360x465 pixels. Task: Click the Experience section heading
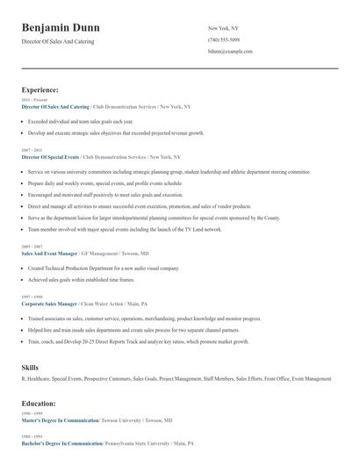point(40,89)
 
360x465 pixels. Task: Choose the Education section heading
point(39,403)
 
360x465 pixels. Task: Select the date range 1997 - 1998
point(31,297)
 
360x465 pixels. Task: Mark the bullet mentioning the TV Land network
point(125,229)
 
